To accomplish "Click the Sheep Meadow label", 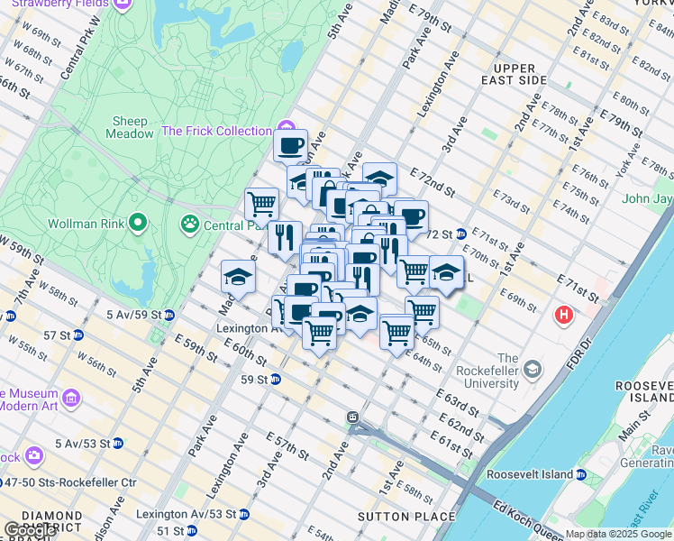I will [x=131, y=127].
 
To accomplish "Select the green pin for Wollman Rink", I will [x=137, y=221].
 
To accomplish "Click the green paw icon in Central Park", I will [x=190, y=222].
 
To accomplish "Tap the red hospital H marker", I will [x=564, y=316].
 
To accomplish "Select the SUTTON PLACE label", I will [x=398, y=517].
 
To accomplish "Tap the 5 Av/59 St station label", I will [x=133, y=315].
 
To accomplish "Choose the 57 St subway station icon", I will [x=78, y=335].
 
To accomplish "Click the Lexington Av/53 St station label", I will [x=186, y=514].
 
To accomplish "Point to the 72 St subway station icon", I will [x=460, y=234].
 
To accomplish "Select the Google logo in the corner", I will [x=29, y=529].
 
